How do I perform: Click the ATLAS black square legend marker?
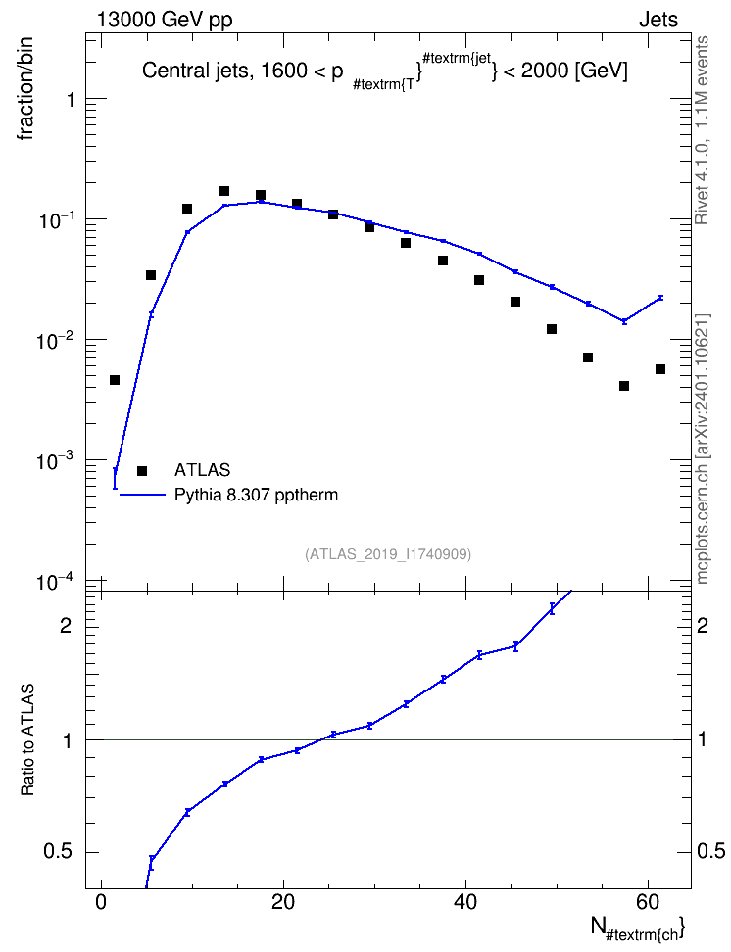142,470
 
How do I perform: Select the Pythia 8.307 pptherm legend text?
256,495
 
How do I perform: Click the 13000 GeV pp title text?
165,20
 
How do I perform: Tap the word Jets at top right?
658,20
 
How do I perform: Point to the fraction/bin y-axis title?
24,89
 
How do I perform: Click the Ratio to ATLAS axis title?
27,739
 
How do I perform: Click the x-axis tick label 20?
283,902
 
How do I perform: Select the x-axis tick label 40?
465,902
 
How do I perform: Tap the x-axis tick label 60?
648,902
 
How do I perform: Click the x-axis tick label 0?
102,902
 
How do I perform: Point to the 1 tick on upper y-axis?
72,99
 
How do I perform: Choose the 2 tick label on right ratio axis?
703,625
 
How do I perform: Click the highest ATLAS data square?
224,191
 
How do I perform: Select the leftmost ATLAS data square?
115,380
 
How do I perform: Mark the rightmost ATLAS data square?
660,369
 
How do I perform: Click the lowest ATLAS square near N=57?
624,386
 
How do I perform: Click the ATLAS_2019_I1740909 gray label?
388,554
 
